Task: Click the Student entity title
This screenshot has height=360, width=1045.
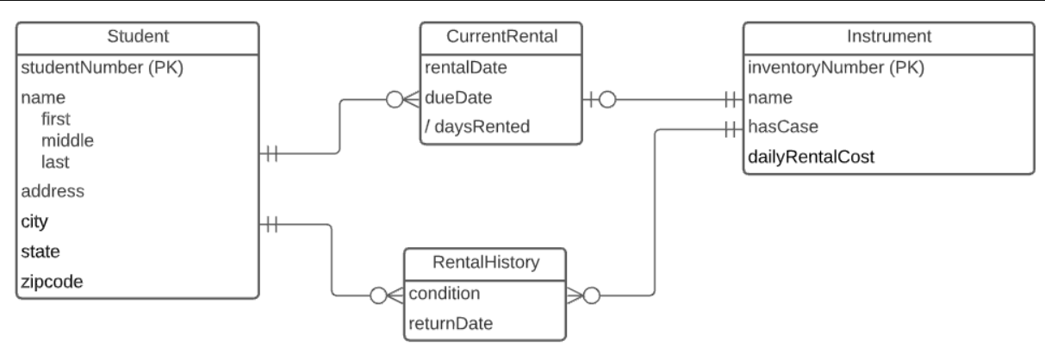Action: click(137, 36)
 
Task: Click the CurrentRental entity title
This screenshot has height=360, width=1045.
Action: click(501, 36)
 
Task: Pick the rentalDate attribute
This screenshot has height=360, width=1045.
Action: click(465, 67)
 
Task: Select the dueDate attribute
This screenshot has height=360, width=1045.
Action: click(457, 97)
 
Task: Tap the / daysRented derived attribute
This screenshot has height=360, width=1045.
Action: click(476, 127)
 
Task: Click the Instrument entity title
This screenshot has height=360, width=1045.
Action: click(888, 36)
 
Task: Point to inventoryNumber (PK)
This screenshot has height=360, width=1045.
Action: click(837, 67)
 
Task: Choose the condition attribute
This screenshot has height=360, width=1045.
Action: click(444, 293)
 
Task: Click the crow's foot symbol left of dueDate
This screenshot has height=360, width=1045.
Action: click(408, 98)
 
